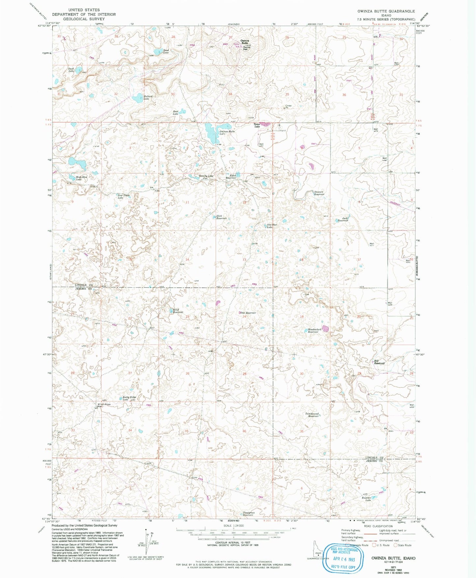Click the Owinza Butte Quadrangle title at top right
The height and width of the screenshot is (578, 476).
[386, 11]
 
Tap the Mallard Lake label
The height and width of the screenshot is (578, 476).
[147, 97]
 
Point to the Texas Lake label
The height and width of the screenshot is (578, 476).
[257, 125]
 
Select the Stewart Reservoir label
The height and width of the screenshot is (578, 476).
[319, 193]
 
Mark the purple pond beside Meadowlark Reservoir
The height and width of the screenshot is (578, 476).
[325, 328]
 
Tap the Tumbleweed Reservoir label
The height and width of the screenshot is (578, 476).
[313, 415]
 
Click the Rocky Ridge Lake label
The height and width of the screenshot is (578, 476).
[129, 398]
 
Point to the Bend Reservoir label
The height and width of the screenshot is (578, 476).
[178, 311]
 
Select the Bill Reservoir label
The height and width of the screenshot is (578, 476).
[379, 362]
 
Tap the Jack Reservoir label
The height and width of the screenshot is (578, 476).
[343, 219]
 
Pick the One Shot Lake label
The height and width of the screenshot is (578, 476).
[271, 226]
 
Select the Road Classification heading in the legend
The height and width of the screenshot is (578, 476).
[378, 526]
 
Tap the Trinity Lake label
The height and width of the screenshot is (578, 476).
[206, 176]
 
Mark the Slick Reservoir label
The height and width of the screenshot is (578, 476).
[222, 217]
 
